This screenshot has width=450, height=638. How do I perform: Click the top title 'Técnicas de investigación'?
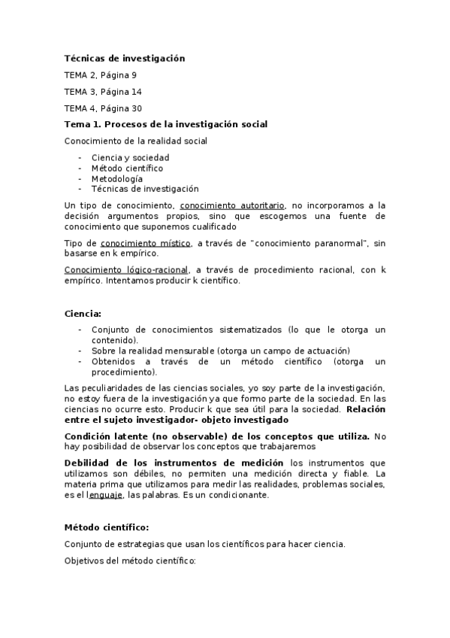[x=124, y=59]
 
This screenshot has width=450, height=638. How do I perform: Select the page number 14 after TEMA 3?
[x=136, y=92]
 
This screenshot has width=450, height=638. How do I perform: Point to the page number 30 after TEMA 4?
[x=136, y=108]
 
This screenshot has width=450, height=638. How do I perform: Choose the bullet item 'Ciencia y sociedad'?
[x=130, y=157]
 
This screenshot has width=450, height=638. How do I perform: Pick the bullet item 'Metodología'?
[x=116, y=179]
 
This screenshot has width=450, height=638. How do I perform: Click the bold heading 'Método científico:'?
[x=107, y=527]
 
